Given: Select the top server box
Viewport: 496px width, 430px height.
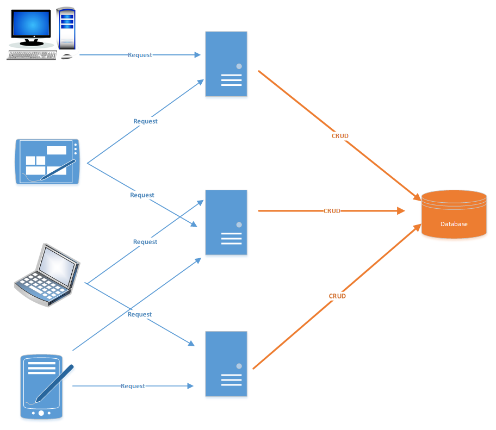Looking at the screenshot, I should (226, 64).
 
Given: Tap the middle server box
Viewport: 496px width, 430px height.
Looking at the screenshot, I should (226, 222).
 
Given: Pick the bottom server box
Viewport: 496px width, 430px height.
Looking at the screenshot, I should (226, 364).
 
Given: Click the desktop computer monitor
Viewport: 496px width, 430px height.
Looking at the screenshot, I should (33, 27).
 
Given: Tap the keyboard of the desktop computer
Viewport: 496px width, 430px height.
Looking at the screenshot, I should (32, 55).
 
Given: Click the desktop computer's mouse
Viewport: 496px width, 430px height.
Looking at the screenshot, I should (67, 56).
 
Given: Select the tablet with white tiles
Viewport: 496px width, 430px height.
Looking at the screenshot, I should (47, 161).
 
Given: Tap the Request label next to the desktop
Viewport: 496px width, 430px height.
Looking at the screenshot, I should (140, 55).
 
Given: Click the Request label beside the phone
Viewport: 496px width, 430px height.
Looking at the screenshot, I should (133, 386).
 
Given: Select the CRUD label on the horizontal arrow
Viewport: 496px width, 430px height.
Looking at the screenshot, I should (332, 211).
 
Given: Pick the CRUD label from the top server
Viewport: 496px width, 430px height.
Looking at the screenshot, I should (340, 136).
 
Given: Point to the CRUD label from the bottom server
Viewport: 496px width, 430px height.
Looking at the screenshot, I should (337, 296).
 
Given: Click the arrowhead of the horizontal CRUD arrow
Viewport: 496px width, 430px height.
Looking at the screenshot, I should (401, 211).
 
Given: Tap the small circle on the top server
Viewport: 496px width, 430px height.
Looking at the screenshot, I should (239, 66).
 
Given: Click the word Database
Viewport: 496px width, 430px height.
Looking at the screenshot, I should (454, 224).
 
